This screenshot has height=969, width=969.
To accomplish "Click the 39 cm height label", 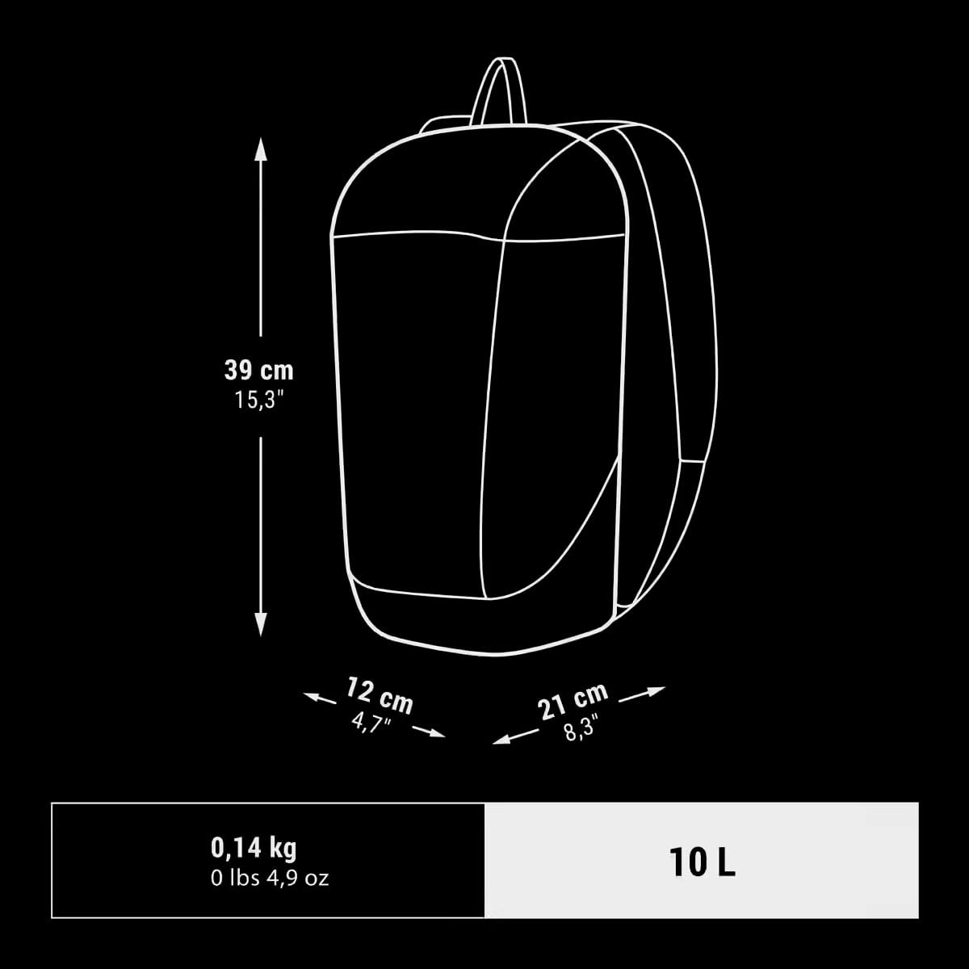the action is (258, 371).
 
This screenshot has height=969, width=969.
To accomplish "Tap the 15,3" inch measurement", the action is (259, 401).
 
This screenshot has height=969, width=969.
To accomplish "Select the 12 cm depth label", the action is (380, 695).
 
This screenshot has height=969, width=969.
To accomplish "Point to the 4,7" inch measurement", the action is (371, 723).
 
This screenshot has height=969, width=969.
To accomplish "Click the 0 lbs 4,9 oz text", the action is (270, 879).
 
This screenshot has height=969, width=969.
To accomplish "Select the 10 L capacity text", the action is (702, 863).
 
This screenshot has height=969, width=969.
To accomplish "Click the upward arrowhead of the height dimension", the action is (261, 149).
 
